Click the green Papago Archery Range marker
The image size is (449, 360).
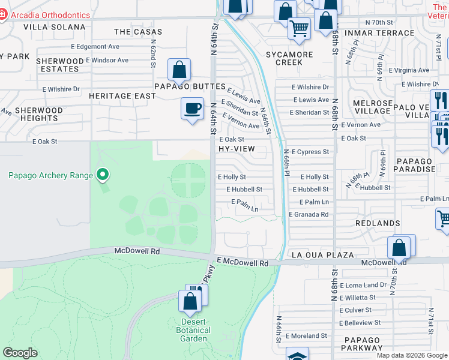(x=103, y=175)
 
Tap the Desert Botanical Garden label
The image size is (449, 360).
(x=193, y=330)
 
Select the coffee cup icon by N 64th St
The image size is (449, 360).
(x=192, y=109)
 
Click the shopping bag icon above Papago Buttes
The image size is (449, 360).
(x=179, y=70)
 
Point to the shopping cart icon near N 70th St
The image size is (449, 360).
(x=298, y=28)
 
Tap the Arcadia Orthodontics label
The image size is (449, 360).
(x=50, y=15)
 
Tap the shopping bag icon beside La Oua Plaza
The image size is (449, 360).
(x=399, y=247)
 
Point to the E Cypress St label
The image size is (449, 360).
(x=310, y=152)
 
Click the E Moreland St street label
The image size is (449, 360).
(x=306, y=336)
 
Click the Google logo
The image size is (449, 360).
(x=20, y=353)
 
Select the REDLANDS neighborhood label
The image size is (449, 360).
(x=377, y=223)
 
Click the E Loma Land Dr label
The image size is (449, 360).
(x=363, y=285)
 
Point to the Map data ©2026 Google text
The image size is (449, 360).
(x=412, y=355)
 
